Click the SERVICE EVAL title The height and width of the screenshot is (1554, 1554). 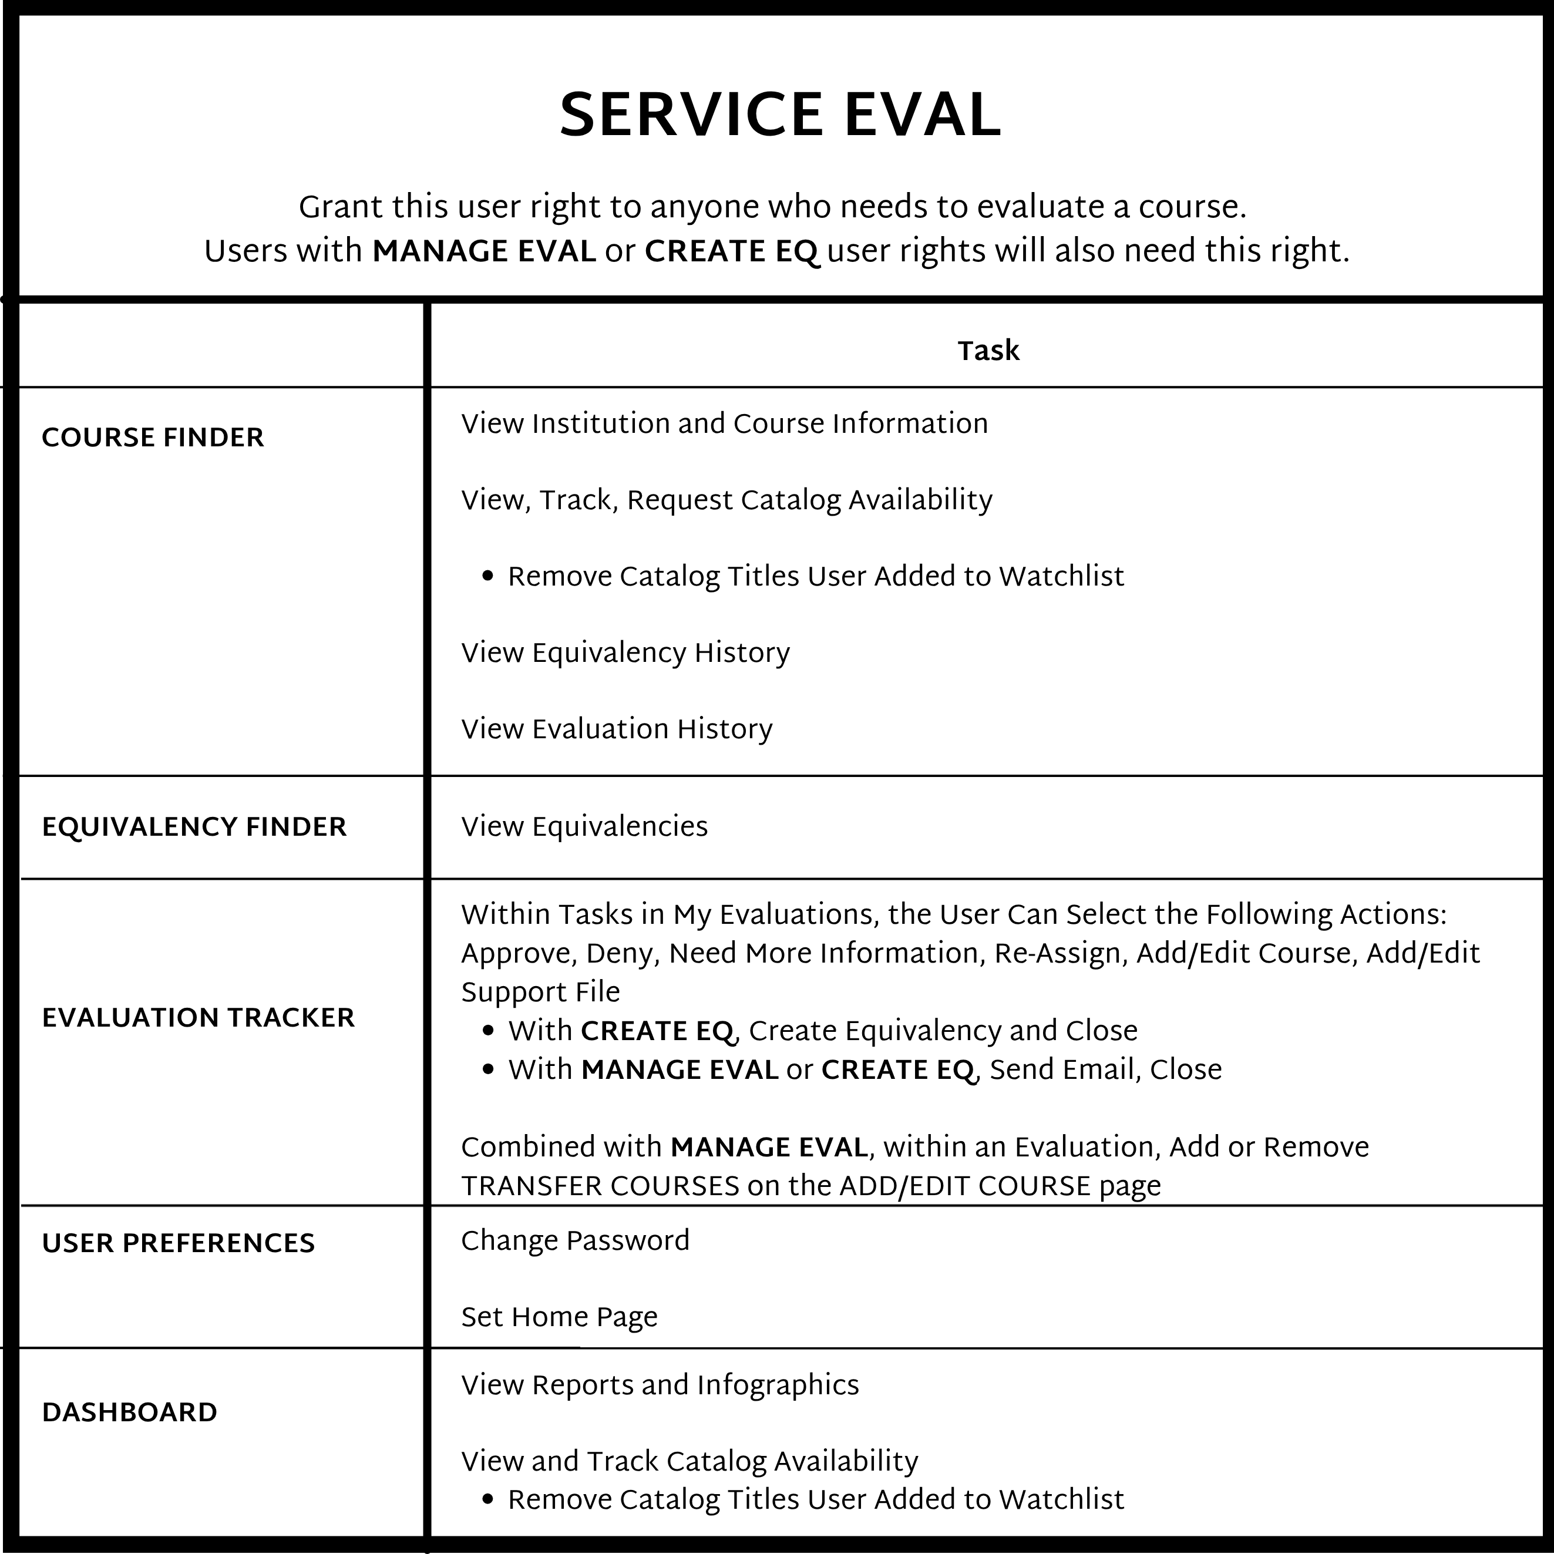(x=779, y=115)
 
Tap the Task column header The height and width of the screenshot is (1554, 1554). (x=988, y=351)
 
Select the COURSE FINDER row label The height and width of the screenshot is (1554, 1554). (x=153, y=438)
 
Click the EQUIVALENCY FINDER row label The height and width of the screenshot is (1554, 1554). (x=194, y=827)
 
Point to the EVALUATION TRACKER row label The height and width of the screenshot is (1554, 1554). (x=198, y=1017)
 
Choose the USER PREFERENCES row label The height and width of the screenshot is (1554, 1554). (x=178, y=1243)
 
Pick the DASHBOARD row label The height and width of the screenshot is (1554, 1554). (x=129, y=1412)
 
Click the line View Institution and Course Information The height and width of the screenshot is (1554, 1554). (x=724, y=424)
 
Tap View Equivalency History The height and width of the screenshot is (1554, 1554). (x=625, y=652)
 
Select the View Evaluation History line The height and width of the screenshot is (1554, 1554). (x=616, y=729)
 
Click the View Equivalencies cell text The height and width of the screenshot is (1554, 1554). (x=584, y=827)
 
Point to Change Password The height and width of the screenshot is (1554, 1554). (x=575, y=1240)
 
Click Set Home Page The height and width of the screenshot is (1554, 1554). (x=559, y=1317)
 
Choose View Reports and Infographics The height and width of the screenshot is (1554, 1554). (x=660, y=1384)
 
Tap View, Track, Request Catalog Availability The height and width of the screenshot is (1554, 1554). (x=726, y=500)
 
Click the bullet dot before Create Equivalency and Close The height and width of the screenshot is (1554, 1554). (x=487, y=1031)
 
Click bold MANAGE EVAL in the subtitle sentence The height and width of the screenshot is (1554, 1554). (x=483, y=252)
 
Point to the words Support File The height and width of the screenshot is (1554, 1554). (x=540, y=993)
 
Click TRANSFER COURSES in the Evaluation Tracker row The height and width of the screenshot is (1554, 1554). (x=600, y=1186)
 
